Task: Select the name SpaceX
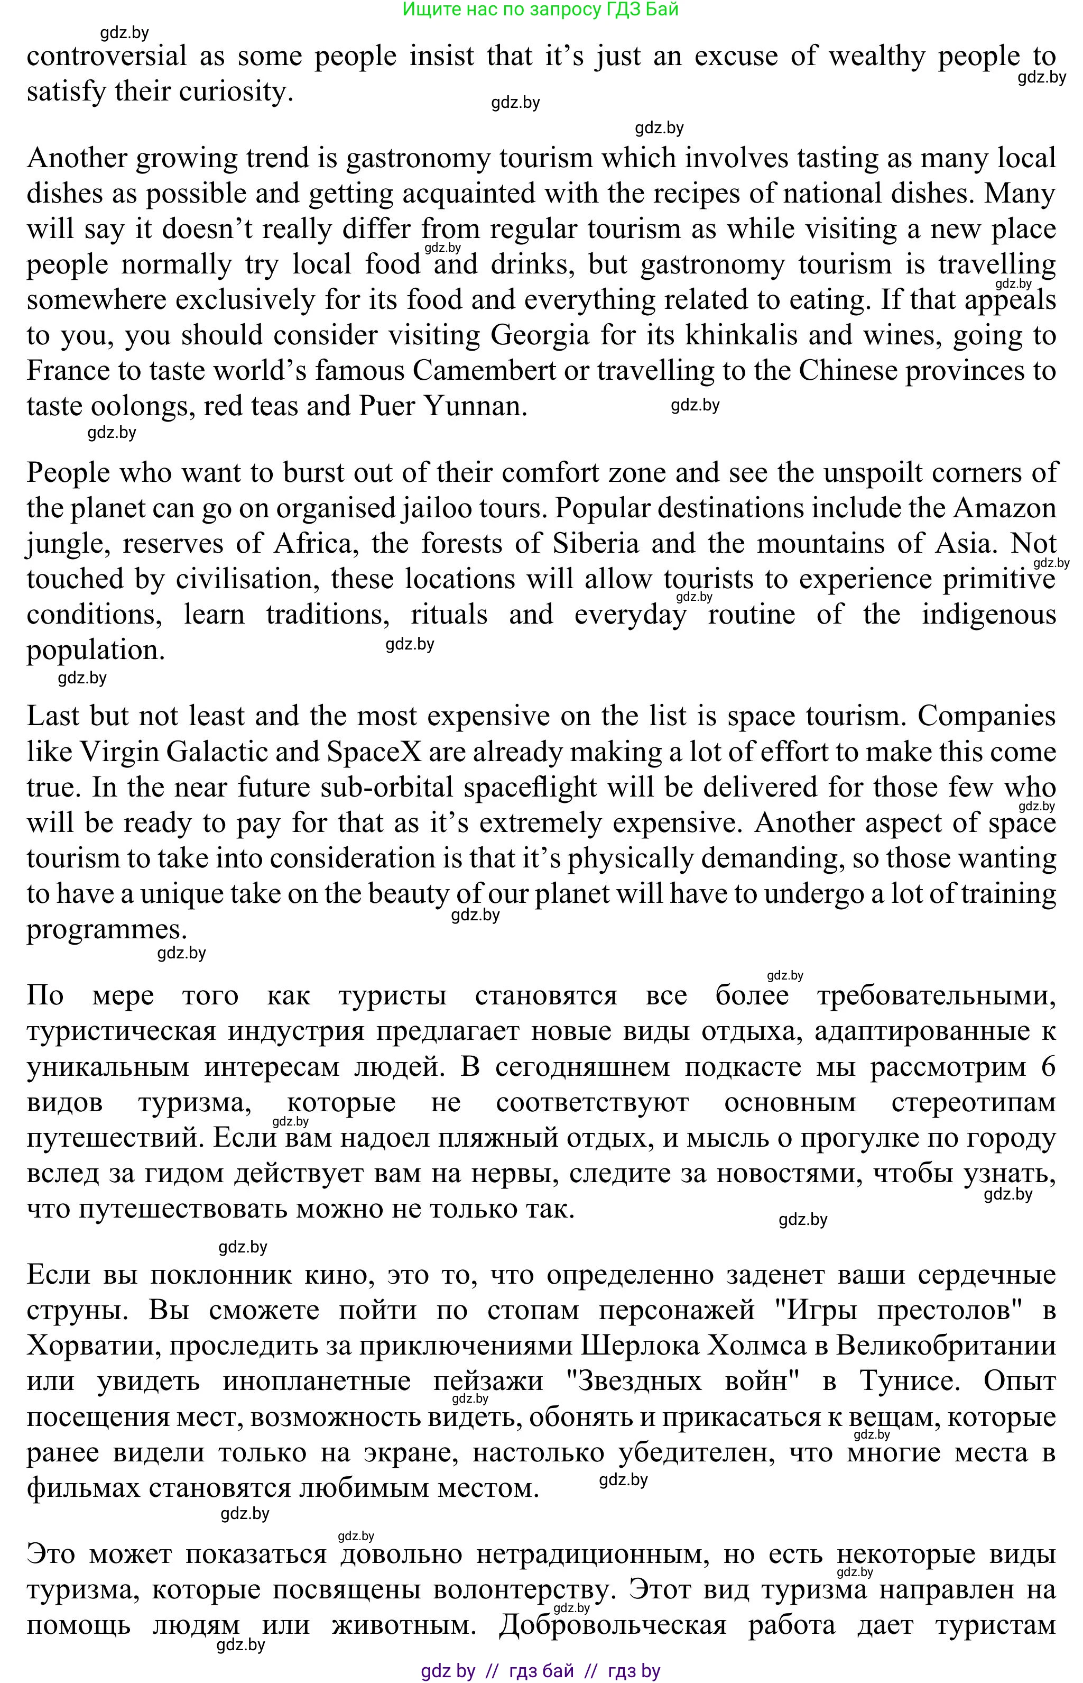tap(374, 752)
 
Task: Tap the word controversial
tap(107, 56)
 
